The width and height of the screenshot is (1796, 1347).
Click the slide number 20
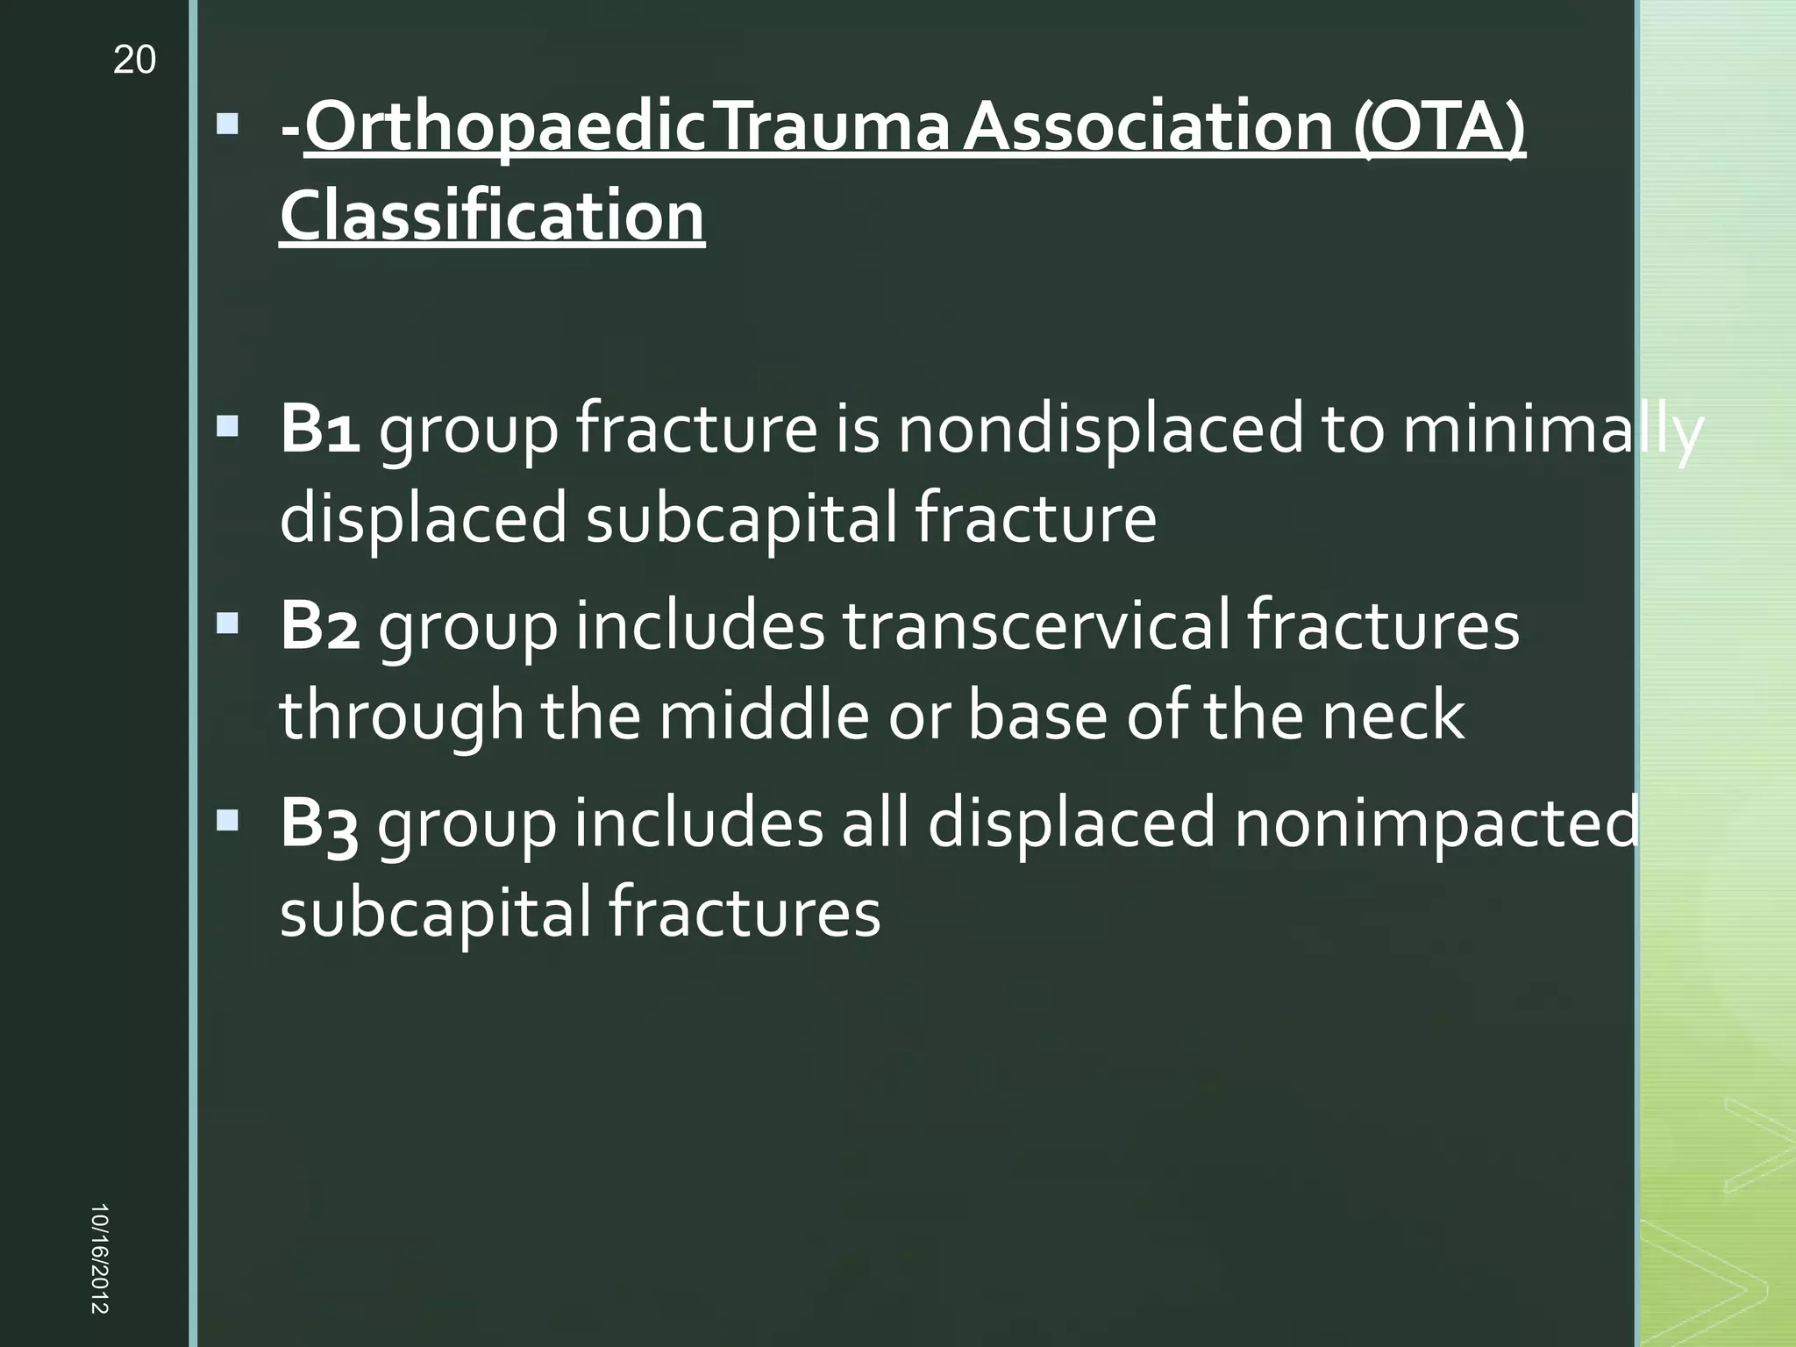pyautogui.click(x=134, y=61)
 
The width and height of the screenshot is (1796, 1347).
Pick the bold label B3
pyautogui.click(x=319, y=824)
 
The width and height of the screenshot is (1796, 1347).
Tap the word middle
pyautogui.click(x=764, y=716)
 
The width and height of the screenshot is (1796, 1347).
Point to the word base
pyautogui.click(x=1037, y=716)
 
